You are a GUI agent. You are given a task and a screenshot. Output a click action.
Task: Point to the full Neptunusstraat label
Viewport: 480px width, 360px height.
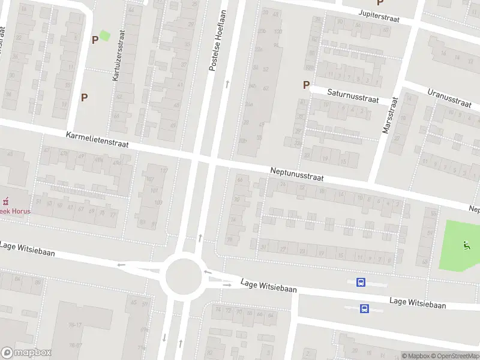point(297,175)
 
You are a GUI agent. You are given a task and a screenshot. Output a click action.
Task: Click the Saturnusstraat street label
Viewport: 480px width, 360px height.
point(353,95)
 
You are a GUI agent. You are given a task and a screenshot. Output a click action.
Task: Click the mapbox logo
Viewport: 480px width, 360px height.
point(26,353)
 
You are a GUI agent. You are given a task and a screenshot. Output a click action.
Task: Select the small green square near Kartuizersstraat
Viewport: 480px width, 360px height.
point(104,36)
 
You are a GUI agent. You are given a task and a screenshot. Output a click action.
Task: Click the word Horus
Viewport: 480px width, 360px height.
point(20,211)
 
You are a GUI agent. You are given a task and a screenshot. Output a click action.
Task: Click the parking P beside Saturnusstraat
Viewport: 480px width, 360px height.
point(306,85)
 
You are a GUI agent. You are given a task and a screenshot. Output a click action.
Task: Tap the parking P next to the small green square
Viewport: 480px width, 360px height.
point(94,40)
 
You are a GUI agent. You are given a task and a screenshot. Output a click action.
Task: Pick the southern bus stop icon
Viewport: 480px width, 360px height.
point(364,308)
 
